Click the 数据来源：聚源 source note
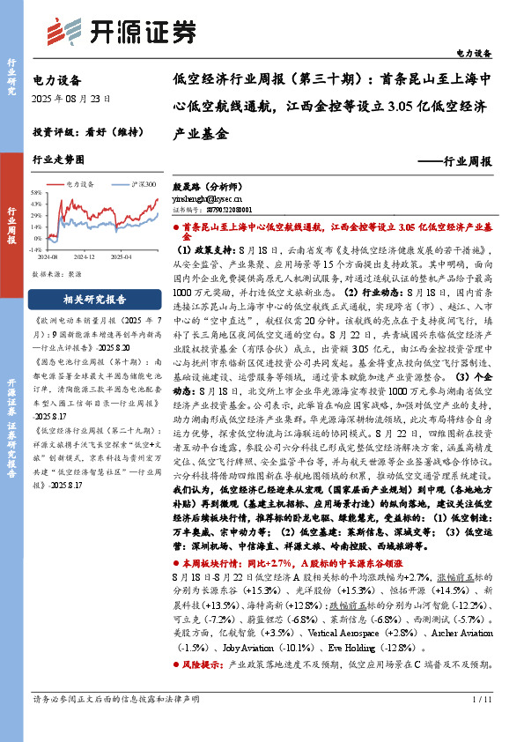tap(57, 275)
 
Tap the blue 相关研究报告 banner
tap(95, 300)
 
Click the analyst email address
tap(204, 200)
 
